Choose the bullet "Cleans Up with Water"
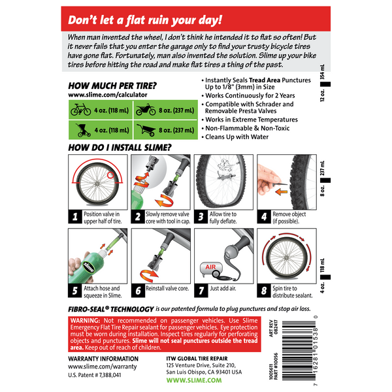(242, 138)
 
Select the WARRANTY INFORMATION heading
(103, 359)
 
